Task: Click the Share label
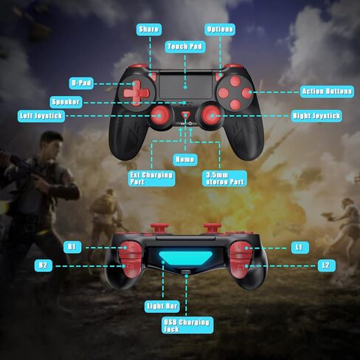pyautogui.click(x=149, y=30)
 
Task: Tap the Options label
pyautogui.click(x=220, y=30)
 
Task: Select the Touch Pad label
pyautogui.click(x=185, y=46)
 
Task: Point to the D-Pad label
pyautogui.click(x=81, y=83)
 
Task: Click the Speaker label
pyautogui.click(x=66, y=102)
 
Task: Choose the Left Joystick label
pyautogui.click(x=41, y=116)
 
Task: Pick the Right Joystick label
pyautogui.click(x=316, y=116)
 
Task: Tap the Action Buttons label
pyautogui.click(x=327, y=91)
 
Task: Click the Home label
pyautogui.click(x=185, y=160)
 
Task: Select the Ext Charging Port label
pyautogui.click(x=151, y=179)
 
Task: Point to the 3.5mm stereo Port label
pyautogui.click(x=224, y=179)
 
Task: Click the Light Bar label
pyautogui.click(x=162, y=306)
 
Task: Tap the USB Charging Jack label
pyautogui.click(x=187, y=325)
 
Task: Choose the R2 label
pyautogui.click(x=44, y=266)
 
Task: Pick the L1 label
pyautogui.click(x=300, y=247)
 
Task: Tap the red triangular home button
pyautogui.click(x=186, y=115)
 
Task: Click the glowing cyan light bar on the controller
pyautogui.click(x=185, y=257)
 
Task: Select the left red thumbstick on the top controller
pyautogui.click(x=160, y=115)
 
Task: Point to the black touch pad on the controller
pyautogui.click(x=186, y=86)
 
